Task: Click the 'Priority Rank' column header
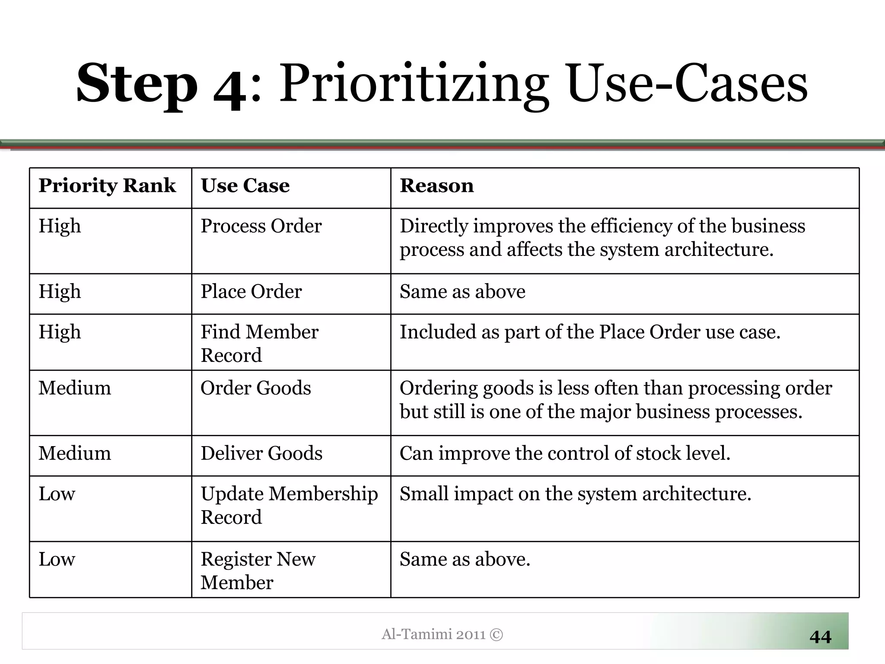click(x=107, y=186)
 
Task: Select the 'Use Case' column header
click(x=245, y=186)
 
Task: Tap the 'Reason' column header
click(x=436, y=186)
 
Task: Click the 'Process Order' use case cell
click(x=261, y=226)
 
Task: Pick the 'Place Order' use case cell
click(x=251, y=292)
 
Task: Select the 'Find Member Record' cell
click(x=259, y=343)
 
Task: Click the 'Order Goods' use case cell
click(x=255, y=388)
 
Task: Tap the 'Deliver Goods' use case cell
click(x=261, y=453)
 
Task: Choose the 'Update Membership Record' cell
click(x=289, y=505)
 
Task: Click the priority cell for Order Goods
click(x=75, y=388)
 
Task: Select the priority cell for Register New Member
click(x=57, y=559)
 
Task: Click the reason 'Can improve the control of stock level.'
click(x=565, y=453)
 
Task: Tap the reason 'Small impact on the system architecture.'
click(x=575, y=494)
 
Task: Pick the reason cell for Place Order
click(x=462, y=292)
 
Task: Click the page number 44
click(x=820, y=637)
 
